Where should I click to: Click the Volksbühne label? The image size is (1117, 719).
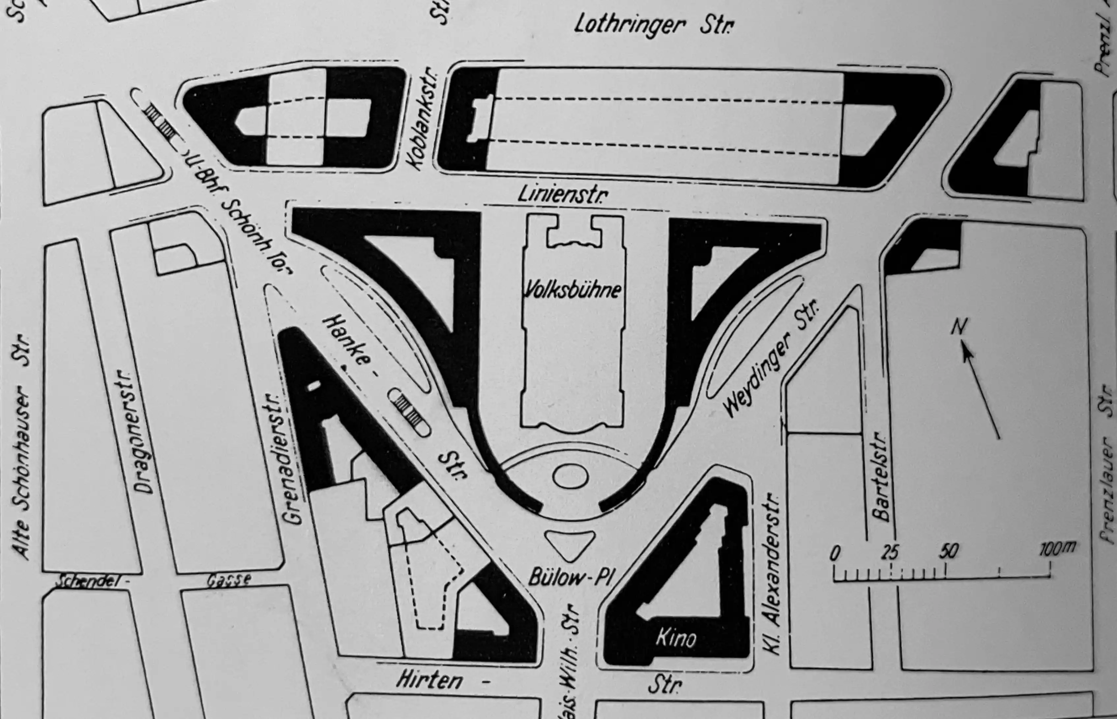pos(572,289)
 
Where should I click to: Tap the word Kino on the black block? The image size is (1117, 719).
pos(675,637)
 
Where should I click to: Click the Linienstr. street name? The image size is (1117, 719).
pos(563,194)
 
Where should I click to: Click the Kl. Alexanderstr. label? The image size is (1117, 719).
pos(773,574)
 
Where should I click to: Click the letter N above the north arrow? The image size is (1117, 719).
pos(959,326)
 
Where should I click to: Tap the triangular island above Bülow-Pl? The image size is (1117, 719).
pos(570,544)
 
